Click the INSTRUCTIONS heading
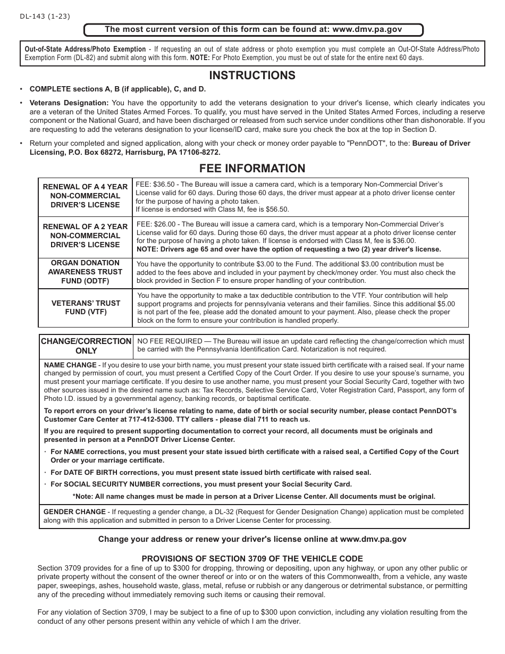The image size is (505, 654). coord(252,76)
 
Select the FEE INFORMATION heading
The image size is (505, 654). coord(252,168)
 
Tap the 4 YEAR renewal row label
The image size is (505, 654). coord(85,196)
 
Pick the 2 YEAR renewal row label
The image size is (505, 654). coord(85,236)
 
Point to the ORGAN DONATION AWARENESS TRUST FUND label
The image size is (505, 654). coord(85,272)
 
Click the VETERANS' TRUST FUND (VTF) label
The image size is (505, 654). coord(85,307)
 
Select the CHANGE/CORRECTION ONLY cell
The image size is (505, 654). coord(86,346)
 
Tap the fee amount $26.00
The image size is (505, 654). coord(165,224)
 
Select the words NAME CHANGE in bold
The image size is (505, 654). coord(70,365)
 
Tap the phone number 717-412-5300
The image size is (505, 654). coord(155,420)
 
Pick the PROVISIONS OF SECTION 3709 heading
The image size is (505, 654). coord(252,558)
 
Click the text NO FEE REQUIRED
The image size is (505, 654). coord(170,341)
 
